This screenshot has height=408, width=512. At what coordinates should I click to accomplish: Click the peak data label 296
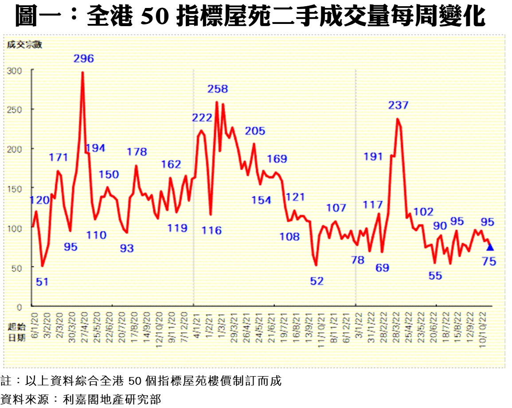pos(84,58)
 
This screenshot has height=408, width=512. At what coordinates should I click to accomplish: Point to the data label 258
pos(218,89)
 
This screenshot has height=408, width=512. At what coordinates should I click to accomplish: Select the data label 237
pos(398,105)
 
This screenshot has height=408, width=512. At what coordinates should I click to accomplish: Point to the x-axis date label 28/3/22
pos(395,326)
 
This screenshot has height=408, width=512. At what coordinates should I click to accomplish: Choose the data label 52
pos(317,281)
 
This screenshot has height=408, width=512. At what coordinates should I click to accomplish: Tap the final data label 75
pos(489,262)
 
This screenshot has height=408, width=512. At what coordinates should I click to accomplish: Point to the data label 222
pos(202,118)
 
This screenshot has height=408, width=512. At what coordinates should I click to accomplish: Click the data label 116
pos(211,230)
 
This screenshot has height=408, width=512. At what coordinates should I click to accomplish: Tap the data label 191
pos(372,156)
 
